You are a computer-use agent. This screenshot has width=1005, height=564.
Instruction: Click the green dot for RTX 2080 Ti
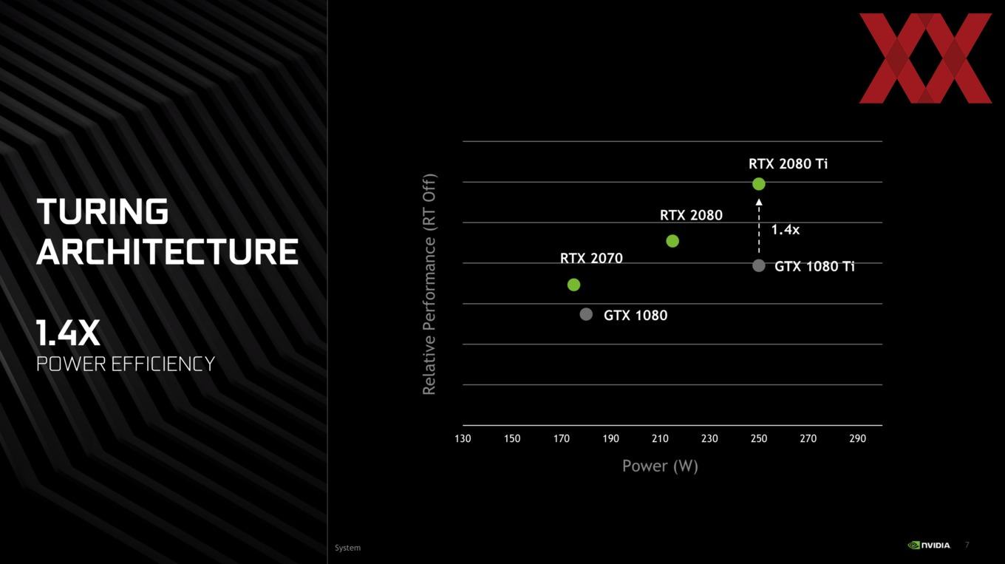click(759, 184)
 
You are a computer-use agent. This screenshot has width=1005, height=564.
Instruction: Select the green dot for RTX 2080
click(672, 241)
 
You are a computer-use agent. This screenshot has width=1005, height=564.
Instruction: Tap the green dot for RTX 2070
click(574, 285)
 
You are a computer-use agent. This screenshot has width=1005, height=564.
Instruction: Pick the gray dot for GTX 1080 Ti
click(759, 265)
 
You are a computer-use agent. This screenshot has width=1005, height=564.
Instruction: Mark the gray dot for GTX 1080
click(586, 314)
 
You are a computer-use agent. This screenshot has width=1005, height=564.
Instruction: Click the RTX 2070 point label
click(591, 259)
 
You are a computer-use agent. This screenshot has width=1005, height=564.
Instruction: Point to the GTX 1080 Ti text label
click(814, 267)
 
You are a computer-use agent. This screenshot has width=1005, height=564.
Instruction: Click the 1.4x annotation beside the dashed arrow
click(785, 230)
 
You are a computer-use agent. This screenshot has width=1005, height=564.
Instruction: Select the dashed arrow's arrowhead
click(759, 203)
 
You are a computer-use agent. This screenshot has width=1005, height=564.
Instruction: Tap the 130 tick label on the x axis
click(463, 439)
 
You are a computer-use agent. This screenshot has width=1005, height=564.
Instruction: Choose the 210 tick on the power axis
click(660, 439)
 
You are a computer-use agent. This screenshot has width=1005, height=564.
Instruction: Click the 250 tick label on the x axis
click(759, 439)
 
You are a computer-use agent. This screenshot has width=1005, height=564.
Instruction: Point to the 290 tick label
click(857, 439)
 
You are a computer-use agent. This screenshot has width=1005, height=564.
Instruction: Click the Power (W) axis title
click(660, 466)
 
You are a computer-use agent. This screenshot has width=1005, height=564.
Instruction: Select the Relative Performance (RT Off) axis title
click(429, 284)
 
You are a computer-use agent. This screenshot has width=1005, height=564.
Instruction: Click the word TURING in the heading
click(102, 211)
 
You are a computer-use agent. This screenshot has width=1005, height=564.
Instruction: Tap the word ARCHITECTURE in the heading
click(167, 251)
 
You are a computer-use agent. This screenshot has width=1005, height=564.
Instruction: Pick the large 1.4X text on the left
click(68, 333)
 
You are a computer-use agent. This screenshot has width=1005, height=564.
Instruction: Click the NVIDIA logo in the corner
click(929, 546)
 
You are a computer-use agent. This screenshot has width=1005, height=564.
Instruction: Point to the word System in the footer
click(348, 548)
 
